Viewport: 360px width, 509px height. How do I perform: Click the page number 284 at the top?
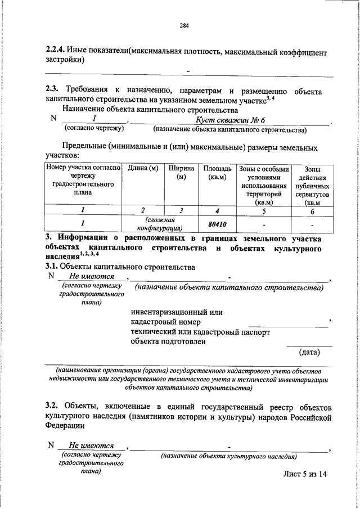(x=183, y=25)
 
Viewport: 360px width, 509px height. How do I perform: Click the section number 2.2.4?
(x=57, y=52)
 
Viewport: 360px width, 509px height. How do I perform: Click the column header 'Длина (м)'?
(x=143, y=168)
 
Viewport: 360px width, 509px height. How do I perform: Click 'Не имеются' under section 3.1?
(x=92, y=276)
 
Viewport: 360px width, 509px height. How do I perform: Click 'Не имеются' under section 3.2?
(x=92, y=445)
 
